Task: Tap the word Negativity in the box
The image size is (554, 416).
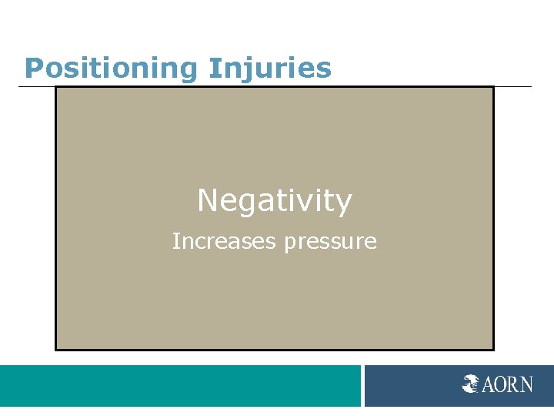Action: click(x=275, y=201)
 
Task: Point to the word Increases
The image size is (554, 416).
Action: click(x=224, y=242)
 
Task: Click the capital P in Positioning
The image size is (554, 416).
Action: click(x=33, y=68)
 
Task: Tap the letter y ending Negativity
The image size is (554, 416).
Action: click(x=344, y=204)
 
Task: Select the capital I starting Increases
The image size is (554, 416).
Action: click(x=175, y=242)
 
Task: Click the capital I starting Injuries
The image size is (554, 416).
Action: click(x=212, y=68)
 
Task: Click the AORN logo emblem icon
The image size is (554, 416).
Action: click(x=471, y=383)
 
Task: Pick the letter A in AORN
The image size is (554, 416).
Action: click(x=489, y=383)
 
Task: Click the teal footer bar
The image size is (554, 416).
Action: click(x=180, y=385)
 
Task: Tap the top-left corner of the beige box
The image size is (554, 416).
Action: click(x=56, y=87)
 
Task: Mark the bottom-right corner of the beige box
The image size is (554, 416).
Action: click(x=492, y=350)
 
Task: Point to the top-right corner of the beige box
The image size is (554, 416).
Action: click(x=492, y=87)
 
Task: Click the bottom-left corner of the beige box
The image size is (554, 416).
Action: click(x=56, y=350)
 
